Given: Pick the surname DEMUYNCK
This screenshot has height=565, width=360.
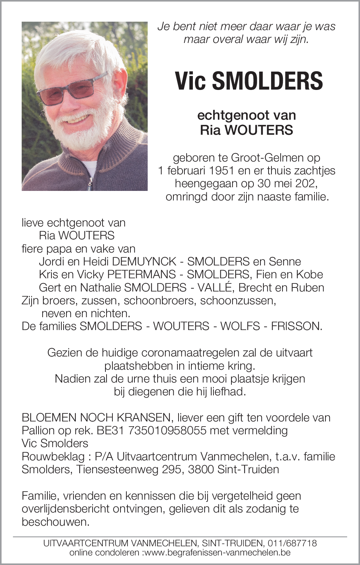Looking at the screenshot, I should (x=144, y=261).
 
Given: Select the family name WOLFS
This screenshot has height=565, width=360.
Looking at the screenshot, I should (x=240, y=326).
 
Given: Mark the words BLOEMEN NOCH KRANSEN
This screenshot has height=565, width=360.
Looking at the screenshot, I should (x=96, y=417).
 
